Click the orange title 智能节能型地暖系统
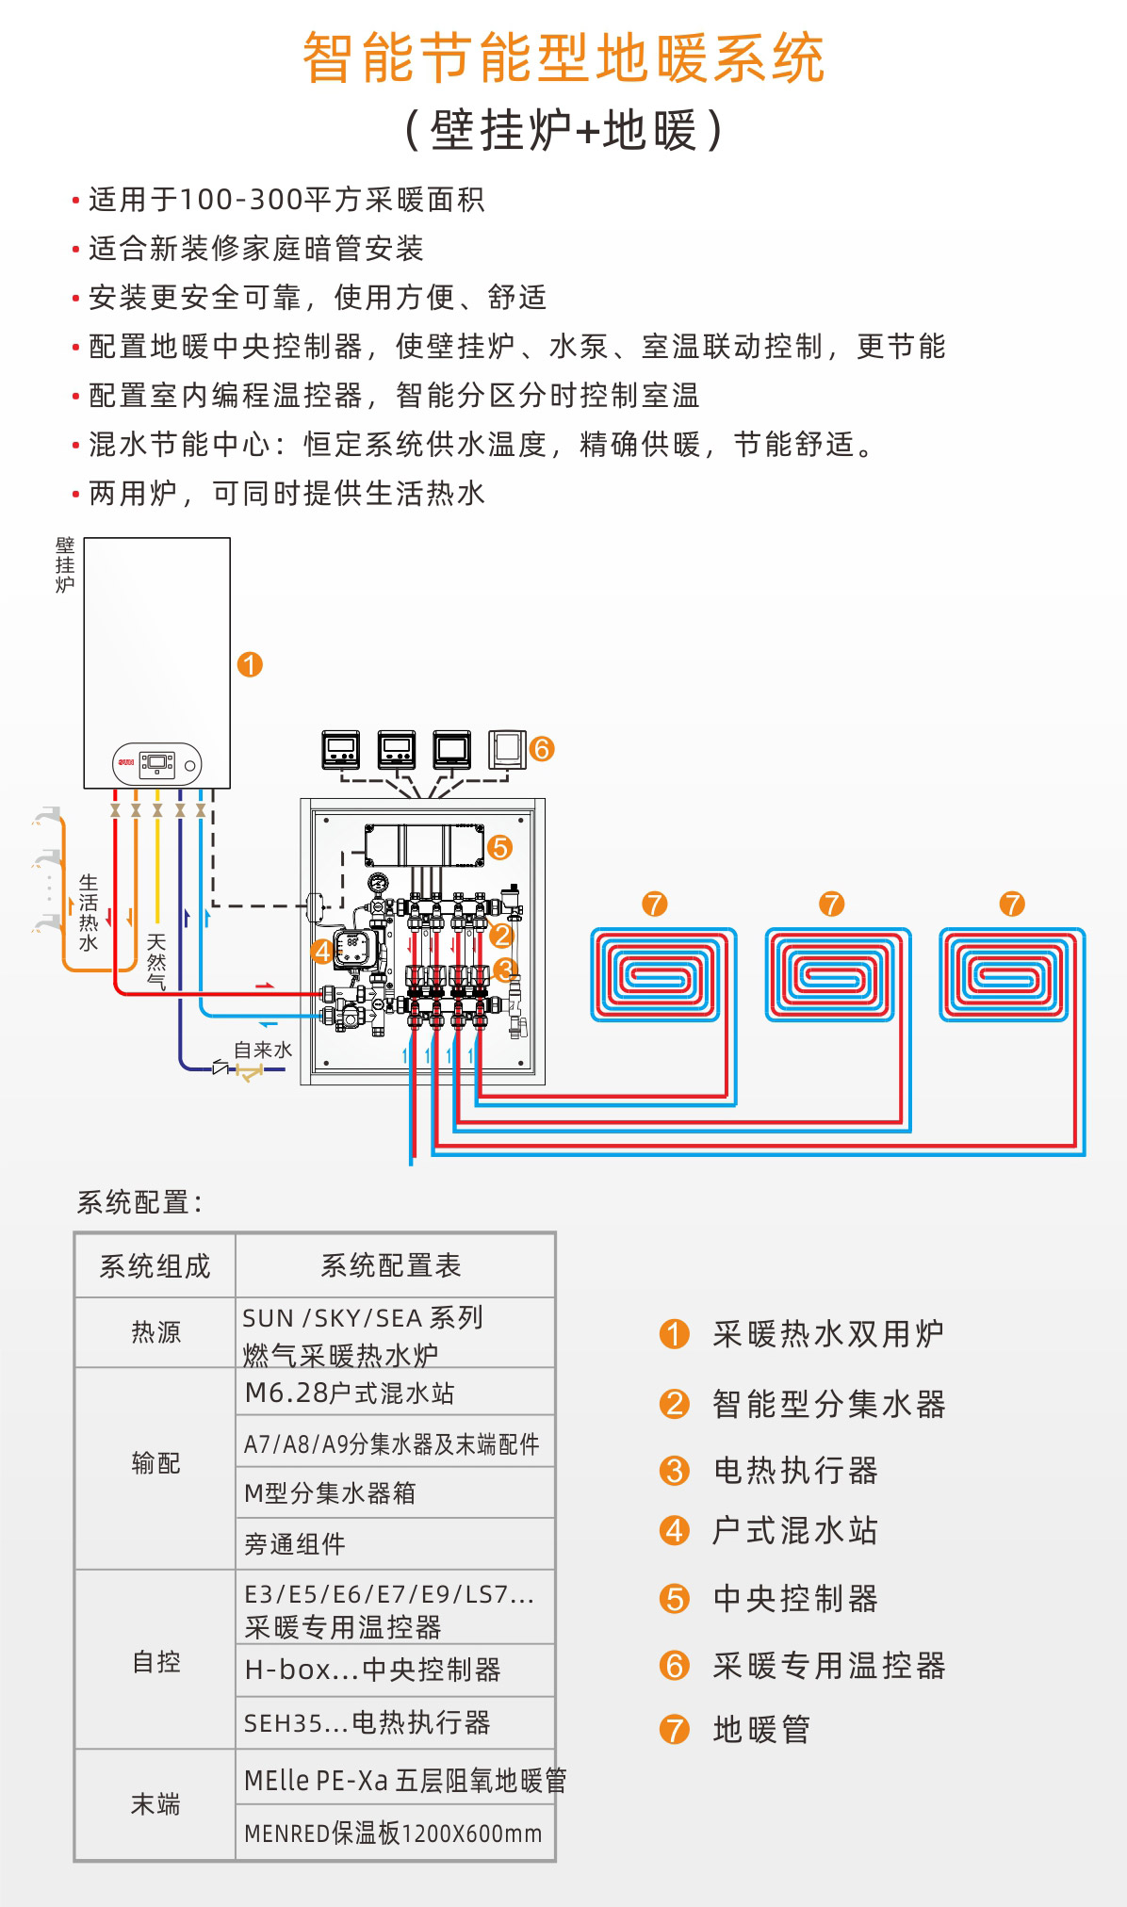pos(563,58)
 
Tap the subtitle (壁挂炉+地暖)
pos(563,130)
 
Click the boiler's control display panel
pos(157,763)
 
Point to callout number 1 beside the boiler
pos(250,665)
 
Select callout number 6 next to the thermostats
pos(542,749)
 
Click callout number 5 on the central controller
pos(499,848)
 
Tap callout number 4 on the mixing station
pos(322,952)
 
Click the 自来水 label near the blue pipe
pos(262,1050)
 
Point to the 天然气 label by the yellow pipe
pos(156,961)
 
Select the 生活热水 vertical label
pos(89,912)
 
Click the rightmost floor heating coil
pos(1011,974)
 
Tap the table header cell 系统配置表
pos(391,1265)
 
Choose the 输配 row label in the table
pos(155,1463)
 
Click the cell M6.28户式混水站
pos(350,1393)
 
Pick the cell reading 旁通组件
pos(295,1543)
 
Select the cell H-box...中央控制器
pos(372,1670)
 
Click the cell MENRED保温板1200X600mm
pos(393,1834)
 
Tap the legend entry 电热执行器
pos(795,1470)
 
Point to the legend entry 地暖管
pos(761,1730)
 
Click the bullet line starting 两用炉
pos(286,493)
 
